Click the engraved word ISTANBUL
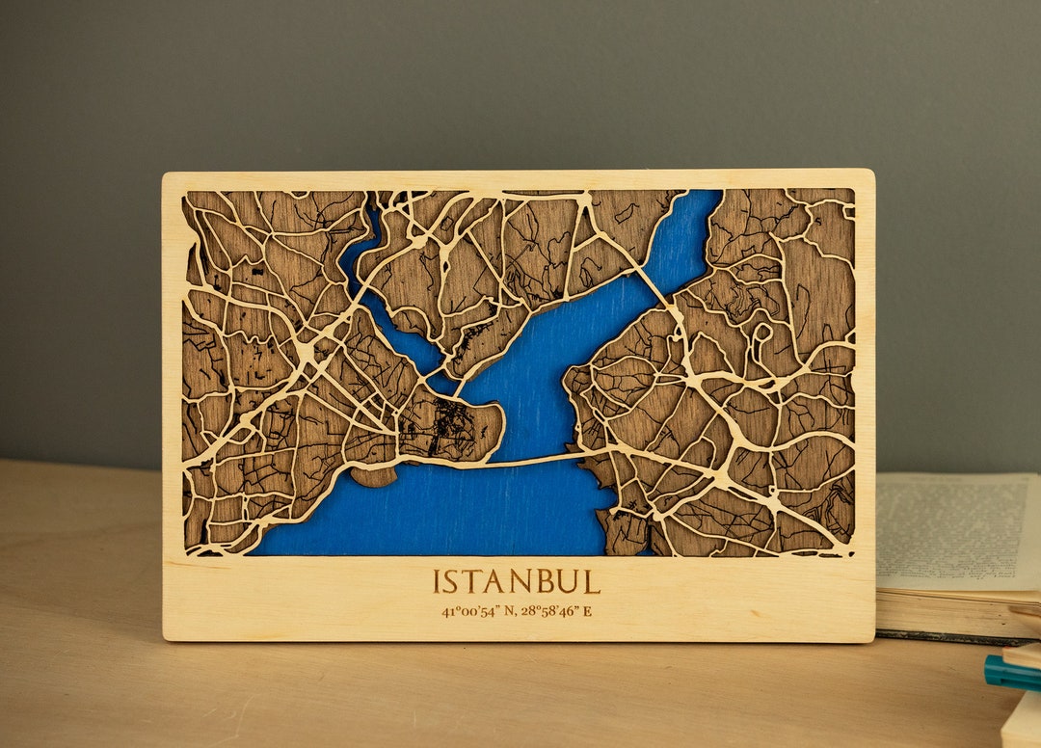click(x=516, y=581)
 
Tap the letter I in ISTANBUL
click(x=437, y=581)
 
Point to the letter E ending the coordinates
click(x=587, y=611)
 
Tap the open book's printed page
click(x=954, y=530)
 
